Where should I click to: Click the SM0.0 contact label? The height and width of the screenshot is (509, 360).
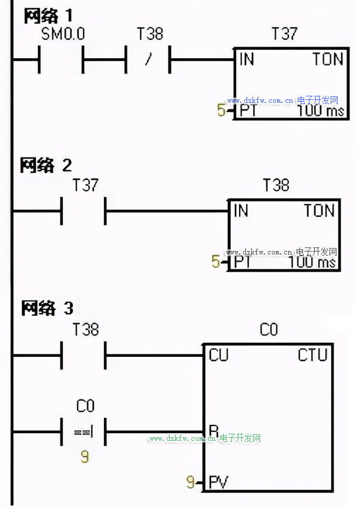tap(63, 34)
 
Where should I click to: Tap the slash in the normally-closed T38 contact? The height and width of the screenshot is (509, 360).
tap(149, 59)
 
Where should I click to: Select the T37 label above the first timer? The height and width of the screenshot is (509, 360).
tap(284, 34)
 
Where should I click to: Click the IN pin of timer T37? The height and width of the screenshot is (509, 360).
tap(247, 59)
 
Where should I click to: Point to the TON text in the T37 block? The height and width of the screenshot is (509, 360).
tap(328, 59)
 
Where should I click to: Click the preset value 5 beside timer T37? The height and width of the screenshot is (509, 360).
tap(221, 110)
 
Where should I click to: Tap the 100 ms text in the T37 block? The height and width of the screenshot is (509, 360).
tap(321, 110)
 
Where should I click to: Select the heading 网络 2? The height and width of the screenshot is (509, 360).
tap(46, 165)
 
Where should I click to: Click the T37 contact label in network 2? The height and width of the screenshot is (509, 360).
tap(85, 185)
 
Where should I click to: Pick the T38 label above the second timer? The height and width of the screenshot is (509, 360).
tap(275, 185)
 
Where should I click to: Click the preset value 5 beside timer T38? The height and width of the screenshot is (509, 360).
tap(216, 262)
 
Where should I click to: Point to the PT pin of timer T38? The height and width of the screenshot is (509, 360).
tap(243, 262)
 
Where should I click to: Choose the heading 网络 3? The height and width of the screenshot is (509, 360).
tap(48, 308)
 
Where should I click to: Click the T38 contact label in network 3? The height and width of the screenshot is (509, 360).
tap(86, 330)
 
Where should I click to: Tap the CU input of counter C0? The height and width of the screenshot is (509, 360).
tap(218, 355)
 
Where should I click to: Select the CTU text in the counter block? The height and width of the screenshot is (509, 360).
tap(312, 355)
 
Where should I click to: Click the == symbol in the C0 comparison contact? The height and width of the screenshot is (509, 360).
tap(83, 432)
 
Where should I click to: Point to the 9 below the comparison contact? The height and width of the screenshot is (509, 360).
tap(85, 457)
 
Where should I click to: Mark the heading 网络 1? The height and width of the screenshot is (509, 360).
tap(48, 16)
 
